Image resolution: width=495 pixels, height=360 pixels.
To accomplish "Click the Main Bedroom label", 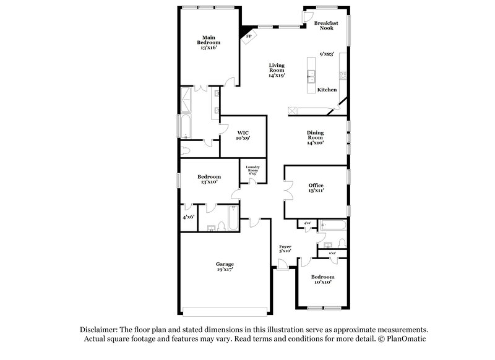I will tap(209, 42).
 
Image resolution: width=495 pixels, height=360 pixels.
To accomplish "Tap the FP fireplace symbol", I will tap(249, 36).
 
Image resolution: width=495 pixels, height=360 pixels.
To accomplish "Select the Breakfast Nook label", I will tap(325, 25).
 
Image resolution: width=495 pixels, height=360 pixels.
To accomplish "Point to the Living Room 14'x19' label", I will tap(277, 71).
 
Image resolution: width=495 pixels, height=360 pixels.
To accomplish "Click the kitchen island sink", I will tap(312, 77).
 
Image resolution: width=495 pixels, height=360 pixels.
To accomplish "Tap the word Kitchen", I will tap(327, 90).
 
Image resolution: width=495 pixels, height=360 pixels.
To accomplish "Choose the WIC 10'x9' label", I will tap(243, 135).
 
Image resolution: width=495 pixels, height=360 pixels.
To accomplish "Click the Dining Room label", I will tap(316, 138).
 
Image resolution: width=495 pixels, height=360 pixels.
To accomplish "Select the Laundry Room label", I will tap(252, 170).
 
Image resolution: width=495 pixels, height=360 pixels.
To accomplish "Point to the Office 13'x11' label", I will tap(316, 188).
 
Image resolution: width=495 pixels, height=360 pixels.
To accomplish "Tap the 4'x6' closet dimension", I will tap(188, 218).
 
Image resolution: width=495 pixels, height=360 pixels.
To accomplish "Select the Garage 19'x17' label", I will tap(225, 267).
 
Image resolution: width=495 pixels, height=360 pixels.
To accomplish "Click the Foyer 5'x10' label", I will tap(285, 249).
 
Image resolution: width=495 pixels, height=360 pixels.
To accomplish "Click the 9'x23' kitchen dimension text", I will tap(327, 54).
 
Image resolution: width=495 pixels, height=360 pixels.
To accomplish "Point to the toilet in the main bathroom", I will tap(186, 151).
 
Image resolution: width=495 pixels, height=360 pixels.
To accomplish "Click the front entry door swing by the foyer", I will tap(282, 265).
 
